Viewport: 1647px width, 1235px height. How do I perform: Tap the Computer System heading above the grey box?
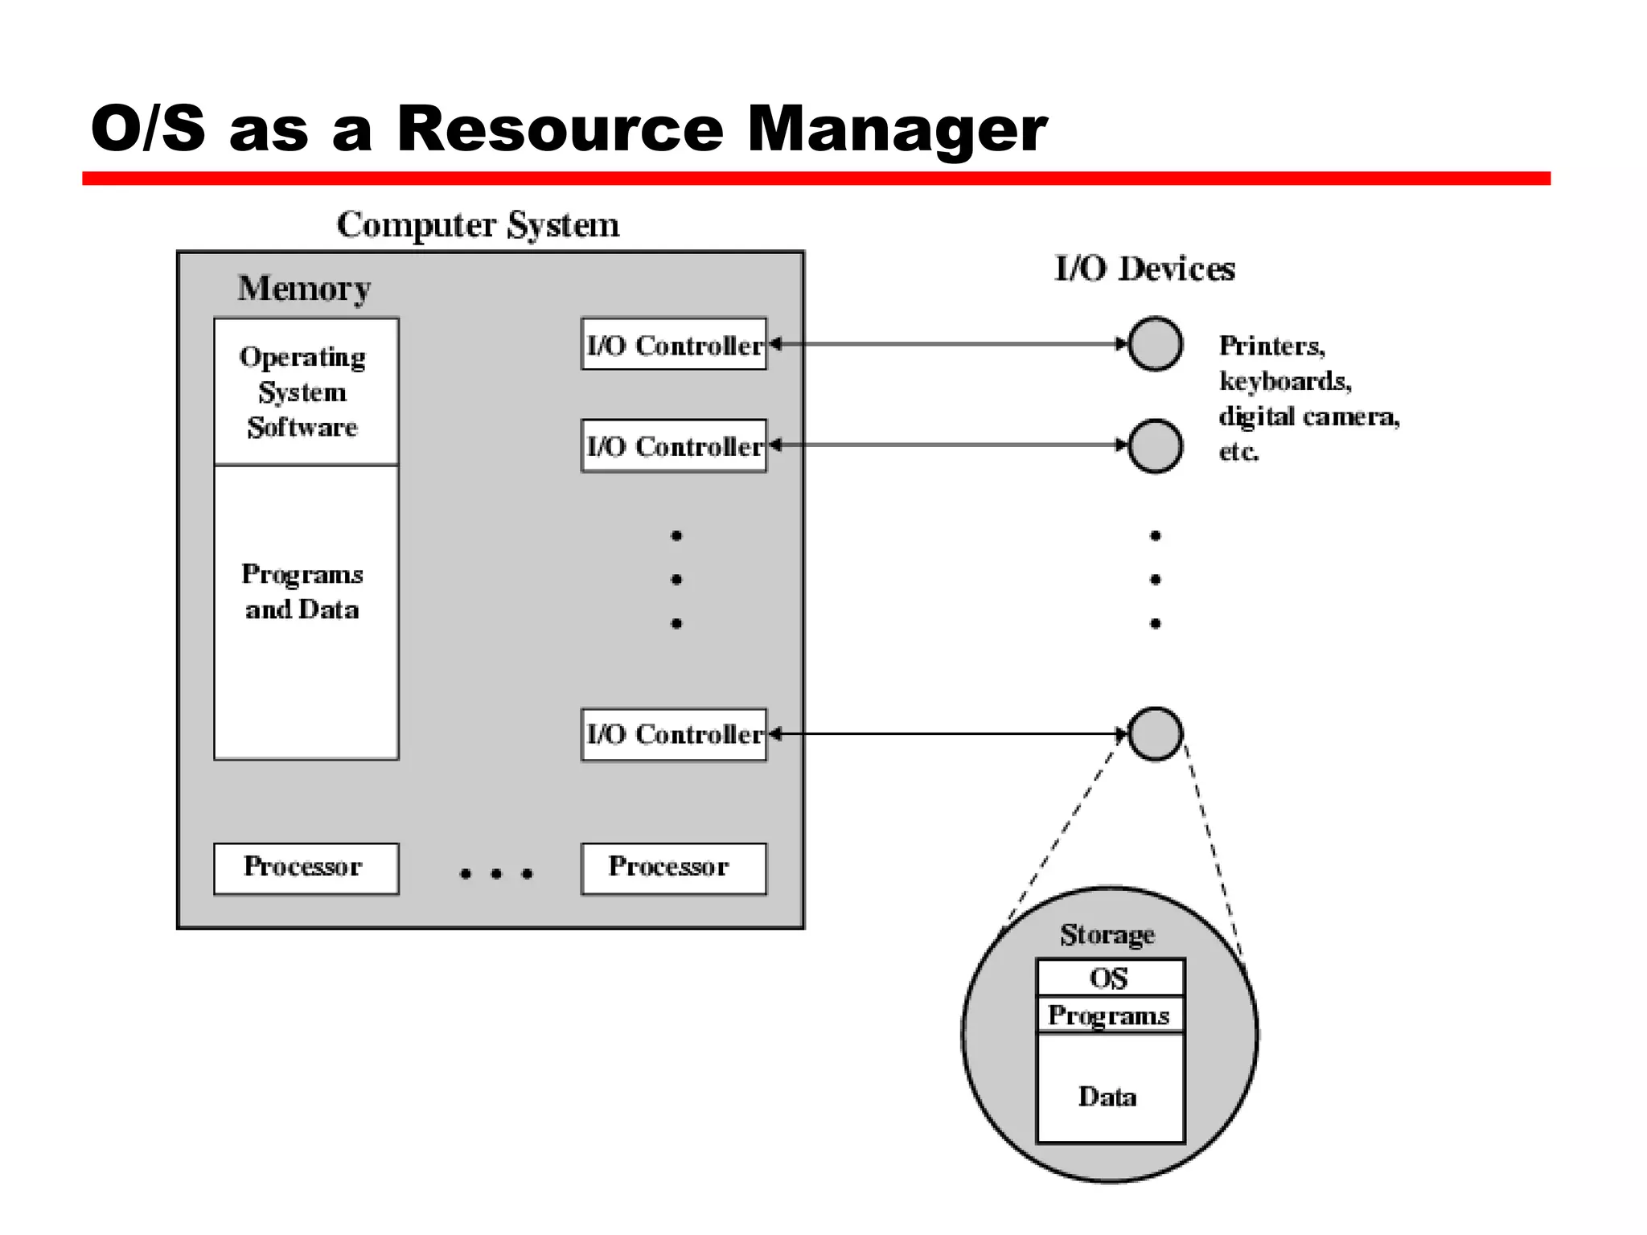[x=478, y=224]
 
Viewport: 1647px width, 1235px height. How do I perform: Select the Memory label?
[x=304, y=288]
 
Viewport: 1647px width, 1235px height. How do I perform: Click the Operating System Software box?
[x=306, y=392]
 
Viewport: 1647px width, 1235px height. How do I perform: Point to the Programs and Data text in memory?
[x=302, y=591]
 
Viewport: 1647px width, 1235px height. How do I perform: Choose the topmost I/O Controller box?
[x=673, y=344]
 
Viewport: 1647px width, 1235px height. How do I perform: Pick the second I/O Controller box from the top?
[x=673, y=445]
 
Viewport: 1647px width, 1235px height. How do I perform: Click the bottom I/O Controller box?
[x=673, y=734]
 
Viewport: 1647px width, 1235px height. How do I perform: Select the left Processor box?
[x=306, y=868]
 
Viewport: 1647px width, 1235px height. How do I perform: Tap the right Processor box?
[x=673, y=868]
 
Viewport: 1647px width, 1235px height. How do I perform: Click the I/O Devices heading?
[x=1144, y=269]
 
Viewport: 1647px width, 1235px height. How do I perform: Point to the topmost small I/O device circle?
[x=1155, y=344]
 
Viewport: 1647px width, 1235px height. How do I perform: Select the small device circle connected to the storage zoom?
[x=1155, y=733]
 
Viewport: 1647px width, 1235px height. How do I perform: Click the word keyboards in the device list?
[x=1284, y=381]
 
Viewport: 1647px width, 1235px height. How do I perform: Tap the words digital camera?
[x=1308, y=416]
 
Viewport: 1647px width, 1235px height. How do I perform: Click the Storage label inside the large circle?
[x=1107, y=934]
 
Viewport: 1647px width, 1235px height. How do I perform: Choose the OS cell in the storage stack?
[x=1109, y=978]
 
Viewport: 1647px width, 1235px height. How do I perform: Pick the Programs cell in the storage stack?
[x=1109, y=1015]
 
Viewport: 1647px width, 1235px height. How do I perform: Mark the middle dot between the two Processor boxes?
[x=496, y=874]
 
